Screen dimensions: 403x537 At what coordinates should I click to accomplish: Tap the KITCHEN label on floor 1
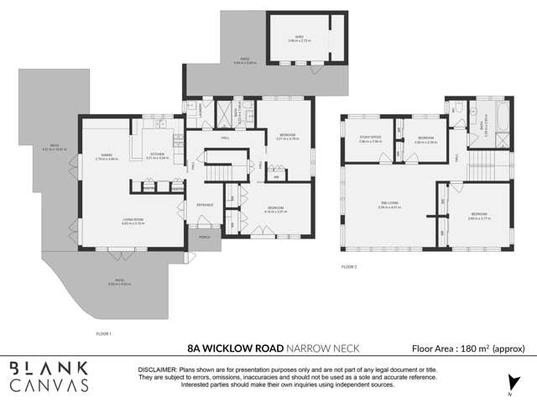pos(158,154)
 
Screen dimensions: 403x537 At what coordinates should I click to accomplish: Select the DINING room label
pos(107,155)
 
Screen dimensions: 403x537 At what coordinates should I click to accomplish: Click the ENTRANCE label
pos(205,204)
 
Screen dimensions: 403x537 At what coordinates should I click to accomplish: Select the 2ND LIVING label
pos(388,203)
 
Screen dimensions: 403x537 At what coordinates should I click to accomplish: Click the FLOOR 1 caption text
pos(103,333)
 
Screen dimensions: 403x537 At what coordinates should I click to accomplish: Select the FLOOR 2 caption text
pos(349,266)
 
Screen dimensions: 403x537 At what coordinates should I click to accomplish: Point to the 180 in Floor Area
pos(468,348)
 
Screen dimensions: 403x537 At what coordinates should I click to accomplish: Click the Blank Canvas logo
pos(49,376)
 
